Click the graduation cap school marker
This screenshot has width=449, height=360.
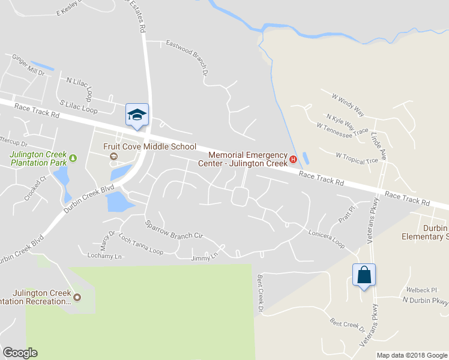(137, 114)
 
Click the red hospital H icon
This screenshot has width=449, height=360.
(294, 159)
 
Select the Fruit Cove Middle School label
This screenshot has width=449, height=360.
(149, 146)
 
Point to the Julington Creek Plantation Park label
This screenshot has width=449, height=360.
(38, 158)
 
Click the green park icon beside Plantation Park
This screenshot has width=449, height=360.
(73, 158)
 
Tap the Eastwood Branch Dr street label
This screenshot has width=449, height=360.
(187, 58)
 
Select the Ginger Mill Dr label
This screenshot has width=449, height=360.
(29, 64)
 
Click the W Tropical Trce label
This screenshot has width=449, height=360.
(357, 157)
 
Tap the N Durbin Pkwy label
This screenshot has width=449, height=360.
(425, 299)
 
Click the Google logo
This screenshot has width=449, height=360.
(20, 353)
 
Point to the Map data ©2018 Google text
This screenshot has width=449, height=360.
(411, 355)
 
